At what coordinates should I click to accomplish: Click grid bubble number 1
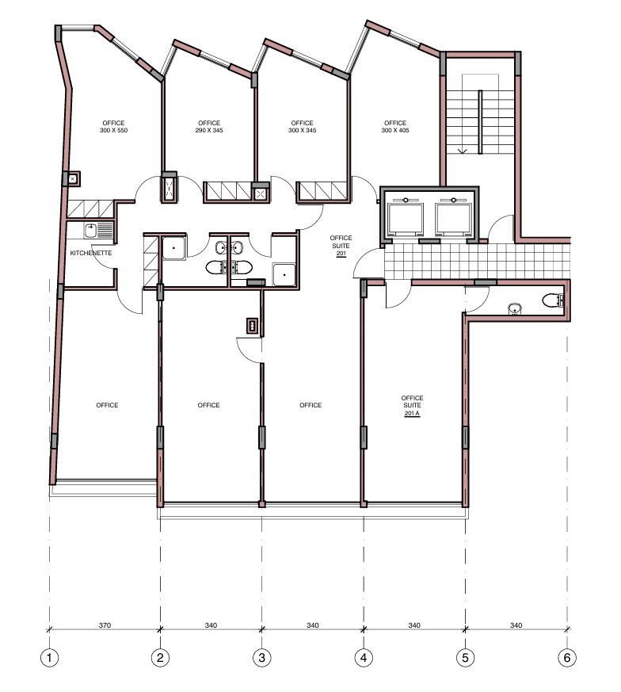[49, 658]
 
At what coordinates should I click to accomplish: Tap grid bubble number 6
[567, 658]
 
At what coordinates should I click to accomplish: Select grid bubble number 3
[262, 658]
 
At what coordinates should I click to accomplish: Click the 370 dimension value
[105, 625]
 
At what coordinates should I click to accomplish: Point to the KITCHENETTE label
[91, 253]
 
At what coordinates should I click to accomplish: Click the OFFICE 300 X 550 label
[114, 127]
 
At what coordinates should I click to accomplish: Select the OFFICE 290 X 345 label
[209, 127]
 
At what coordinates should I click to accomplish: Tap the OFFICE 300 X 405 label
[395, 127]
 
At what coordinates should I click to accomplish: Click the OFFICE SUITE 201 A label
[412, 406]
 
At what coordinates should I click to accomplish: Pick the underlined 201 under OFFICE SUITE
[341, 254]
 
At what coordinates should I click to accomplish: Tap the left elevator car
[405, 219]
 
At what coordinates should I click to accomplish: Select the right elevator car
[453, 219]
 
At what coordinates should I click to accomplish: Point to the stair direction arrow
[462, 151]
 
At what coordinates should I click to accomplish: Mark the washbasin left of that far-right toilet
[514, 309]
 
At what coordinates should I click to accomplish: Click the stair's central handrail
[480, 122]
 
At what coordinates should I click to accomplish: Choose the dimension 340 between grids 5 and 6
[516, 625]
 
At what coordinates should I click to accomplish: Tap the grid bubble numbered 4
[364, 658]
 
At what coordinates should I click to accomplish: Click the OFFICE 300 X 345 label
[302, 127]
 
